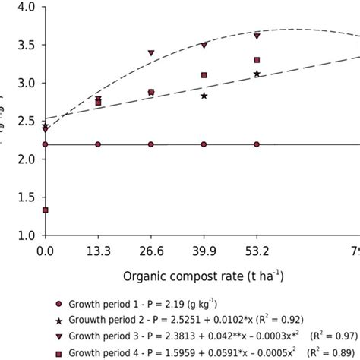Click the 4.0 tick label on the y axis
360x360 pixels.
pos(25,8)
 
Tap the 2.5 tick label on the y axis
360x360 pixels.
pos(25,121)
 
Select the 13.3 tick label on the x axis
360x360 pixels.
pos(98,250)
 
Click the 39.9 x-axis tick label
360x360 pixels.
pos(204,250)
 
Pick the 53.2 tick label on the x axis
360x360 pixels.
pos(257,250)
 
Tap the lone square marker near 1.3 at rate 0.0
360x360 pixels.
pos(46,210)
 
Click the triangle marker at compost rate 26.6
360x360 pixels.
pos(151,53)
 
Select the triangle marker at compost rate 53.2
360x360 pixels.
pos(257,36)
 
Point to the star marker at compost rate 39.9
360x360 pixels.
pos(204,96)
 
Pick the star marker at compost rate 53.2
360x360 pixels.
pos(257,74)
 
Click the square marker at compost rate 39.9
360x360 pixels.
pos(204,75)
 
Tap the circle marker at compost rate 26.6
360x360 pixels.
pos(151,144)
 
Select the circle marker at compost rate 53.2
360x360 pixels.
pos(257,144)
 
